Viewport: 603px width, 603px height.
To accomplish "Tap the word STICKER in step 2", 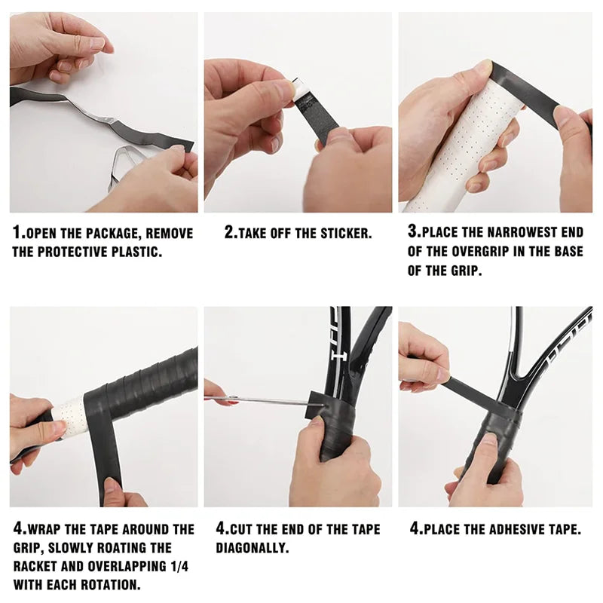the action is [346, 234].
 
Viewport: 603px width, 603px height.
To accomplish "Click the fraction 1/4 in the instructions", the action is [177, 567].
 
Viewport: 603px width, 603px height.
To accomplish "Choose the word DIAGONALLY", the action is [253, 548].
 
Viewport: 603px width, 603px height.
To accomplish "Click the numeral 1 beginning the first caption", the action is [16, 233].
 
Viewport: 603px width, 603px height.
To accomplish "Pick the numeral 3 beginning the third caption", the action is [412, 232].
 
